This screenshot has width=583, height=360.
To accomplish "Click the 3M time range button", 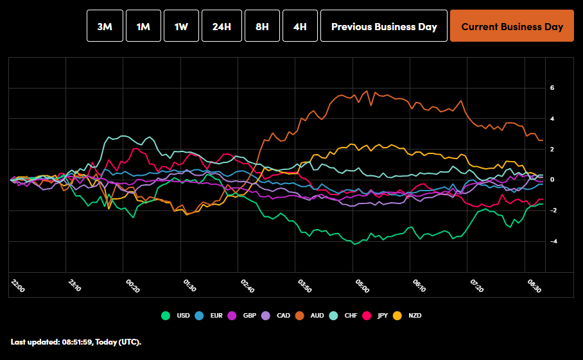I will pyautogui.click(x=105, y=26).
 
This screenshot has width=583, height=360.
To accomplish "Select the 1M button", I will pyautogui.click(x=143, y=26).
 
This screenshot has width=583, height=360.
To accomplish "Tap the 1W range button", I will pyautogui.click(x=181, y=26).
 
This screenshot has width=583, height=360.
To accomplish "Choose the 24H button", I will pyautogui.click(x=222, y=26).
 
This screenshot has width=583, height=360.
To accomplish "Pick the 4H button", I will pyautogui.click(x=300, y=26).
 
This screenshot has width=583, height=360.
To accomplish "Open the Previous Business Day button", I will pyautogui.click(x=384, y=26).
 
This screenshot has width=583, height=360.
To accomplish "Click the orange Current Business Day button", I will pyautogui.click(x=512, y=26).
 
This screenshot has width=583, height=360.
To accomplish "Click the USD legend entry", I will pyautogui.click(x=177, y=316).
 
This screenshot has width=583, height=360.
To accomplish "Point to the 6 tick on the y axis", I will pyautogui.click(x=552, y=88).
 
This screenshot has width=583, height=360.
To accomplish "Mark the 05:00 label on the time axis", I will pyautogui.click(x=361, y=286).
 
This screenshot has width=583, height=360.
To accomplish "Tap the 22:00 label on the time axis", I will pyautogui.click(x=18, y=286).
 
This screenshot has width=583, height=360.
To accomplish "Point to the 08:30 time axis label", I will pyautogui.click(x=533, y=286).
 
